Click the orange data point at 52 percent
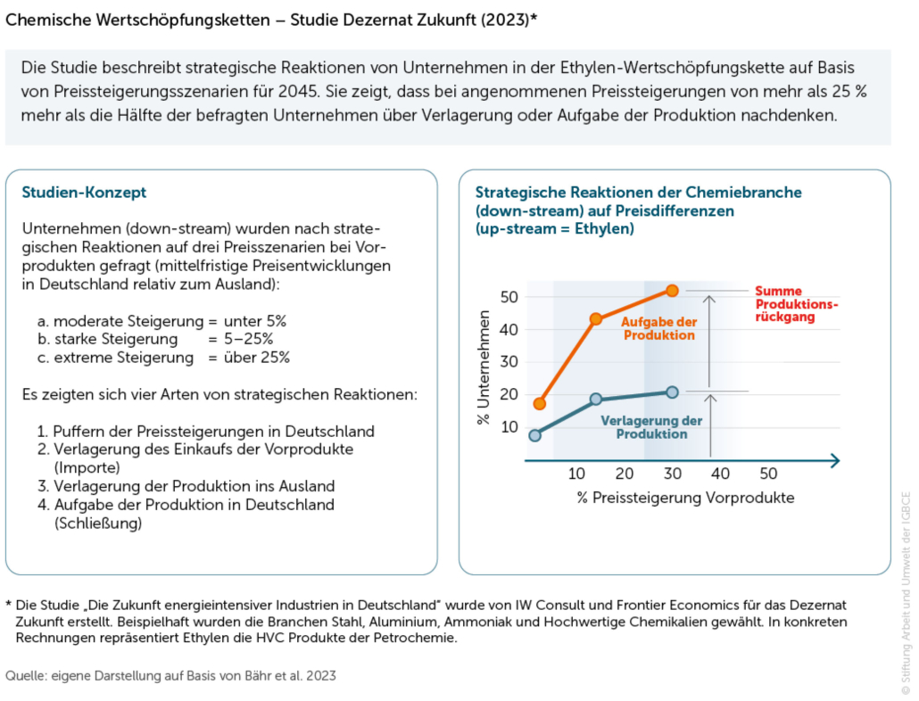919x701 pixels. (672, 291)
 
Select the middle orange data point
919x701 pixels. (595, 318)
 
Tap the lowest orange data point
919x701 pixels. (539, 404)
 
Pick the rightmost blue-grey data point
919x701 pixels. (672, 392)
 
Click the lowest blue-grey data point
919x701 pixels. (534, 435)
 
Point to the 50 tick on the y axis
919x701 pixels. (509, 296)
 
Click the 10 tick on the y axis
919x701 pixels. (509, 426)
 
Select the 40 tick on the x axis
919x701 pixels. (720, 473)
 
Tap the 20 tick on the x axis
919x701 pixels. (625, 473)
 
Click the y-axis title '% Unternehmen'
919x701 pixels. (484, 367)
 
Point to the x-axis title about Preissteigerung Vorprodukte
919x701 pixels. (684, 497)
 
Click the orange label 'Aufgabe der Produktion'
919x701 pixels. (658, 328)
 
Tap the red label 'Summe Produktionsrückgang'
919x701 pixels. (796, 304)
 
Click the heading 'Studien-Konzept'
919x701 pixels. (84, 193)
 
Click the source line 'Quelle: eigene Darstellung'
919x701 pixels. (170, 676)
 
